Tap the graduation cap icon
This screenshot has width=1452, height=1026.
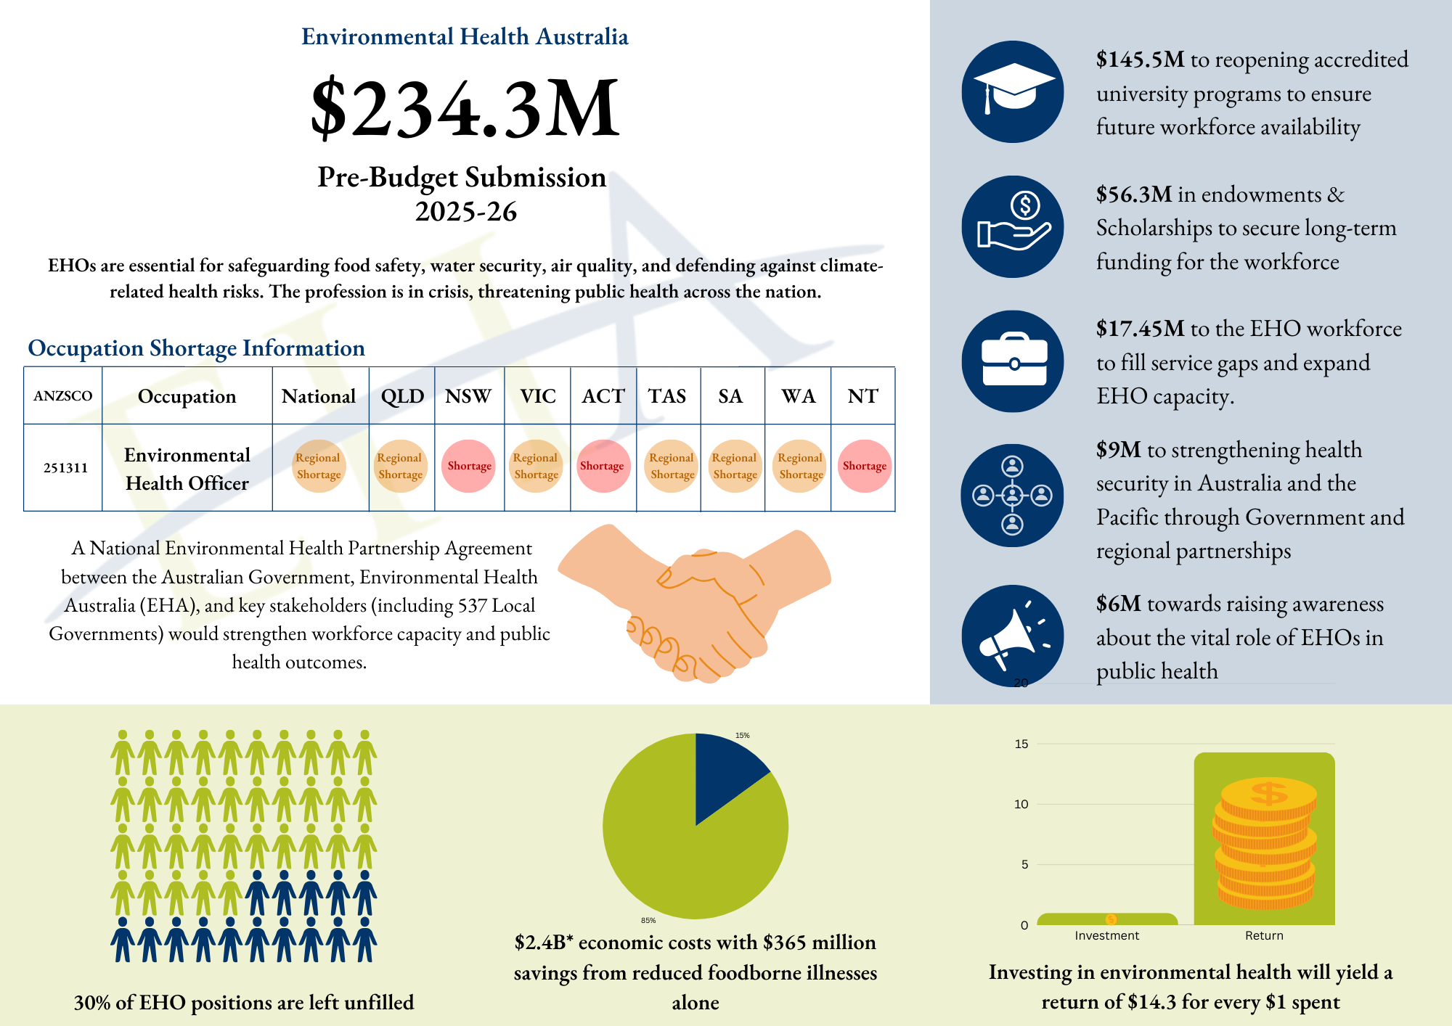(1013, 91)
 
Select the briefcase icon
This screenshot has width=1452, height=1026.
(1013, 361)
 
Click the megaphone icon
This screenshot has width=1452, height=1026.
(1013, 636)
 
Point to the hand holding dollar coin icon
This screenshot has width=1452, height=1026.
(1013, 226)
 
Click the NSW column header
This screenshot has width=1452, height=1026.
(468, 396)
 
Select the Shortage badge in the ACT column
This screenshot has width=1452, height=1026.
(602, 466)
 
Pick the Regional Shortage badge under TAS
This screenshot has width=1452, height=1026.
(672, 466)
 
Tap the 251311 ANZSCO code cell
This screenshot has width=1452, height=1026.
(65, 468)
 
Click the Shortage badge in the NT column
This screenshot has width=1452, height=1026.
(864, 466)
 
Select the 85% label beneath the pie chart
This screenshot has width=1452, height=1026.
(648, 920)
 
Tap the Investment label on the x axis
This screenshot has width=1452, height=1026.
(1106, 936)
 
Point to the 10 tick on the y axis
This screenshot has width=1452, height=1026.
(1021, 804)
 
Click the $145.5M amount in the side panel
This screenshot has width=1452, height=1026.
(1141, 59)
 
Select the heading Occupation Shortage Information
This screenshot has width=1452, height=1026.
(196, 348)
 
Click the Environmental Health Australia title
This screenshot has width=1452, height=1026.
(465, 36)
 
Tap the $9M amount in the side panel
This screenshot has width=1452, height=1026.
(1119, 450)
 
